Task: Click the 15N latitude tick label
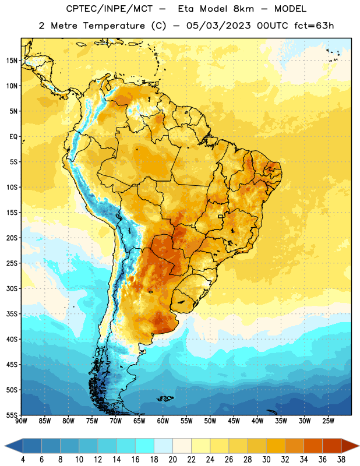click(x=12, y=61)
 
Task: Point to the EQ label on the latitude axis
click(x=13, y=137)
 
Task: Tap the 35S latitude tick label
click(x=12, y=314)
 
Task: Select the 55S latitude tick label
click(x=12, y=415)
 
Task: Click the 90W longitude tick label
click(x=21, y=421)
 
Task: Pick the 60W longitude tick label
click(x=163, y=421)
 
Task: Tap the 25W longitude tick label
click(x=328, y=421)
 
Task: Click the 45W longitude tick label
click(x=234, y=421)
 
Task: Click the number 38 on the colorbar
click(x=341, y=460)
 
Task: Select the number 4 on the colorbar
click(x=23, y=460)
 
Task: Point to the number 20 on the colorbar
click(x=172, y=460)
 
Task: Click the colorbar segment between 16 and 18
click(x=145, y=446)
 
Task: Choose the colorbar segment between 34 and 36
click(x=313, y=446)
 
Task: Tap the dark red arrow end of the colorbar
click(x=350, y=446)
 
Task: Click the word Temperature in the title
click(x=114, y=26)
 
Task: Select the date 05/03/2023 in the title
click(x=218, y=26)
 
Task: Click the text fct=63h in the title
click(x=314, y=26)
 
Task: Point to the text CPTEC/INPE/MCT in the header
click(x=109, y=9)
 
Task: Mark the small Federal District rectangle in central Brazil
click(x=221, y=216)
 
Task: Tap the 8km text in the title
click(x=243, y=9)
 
